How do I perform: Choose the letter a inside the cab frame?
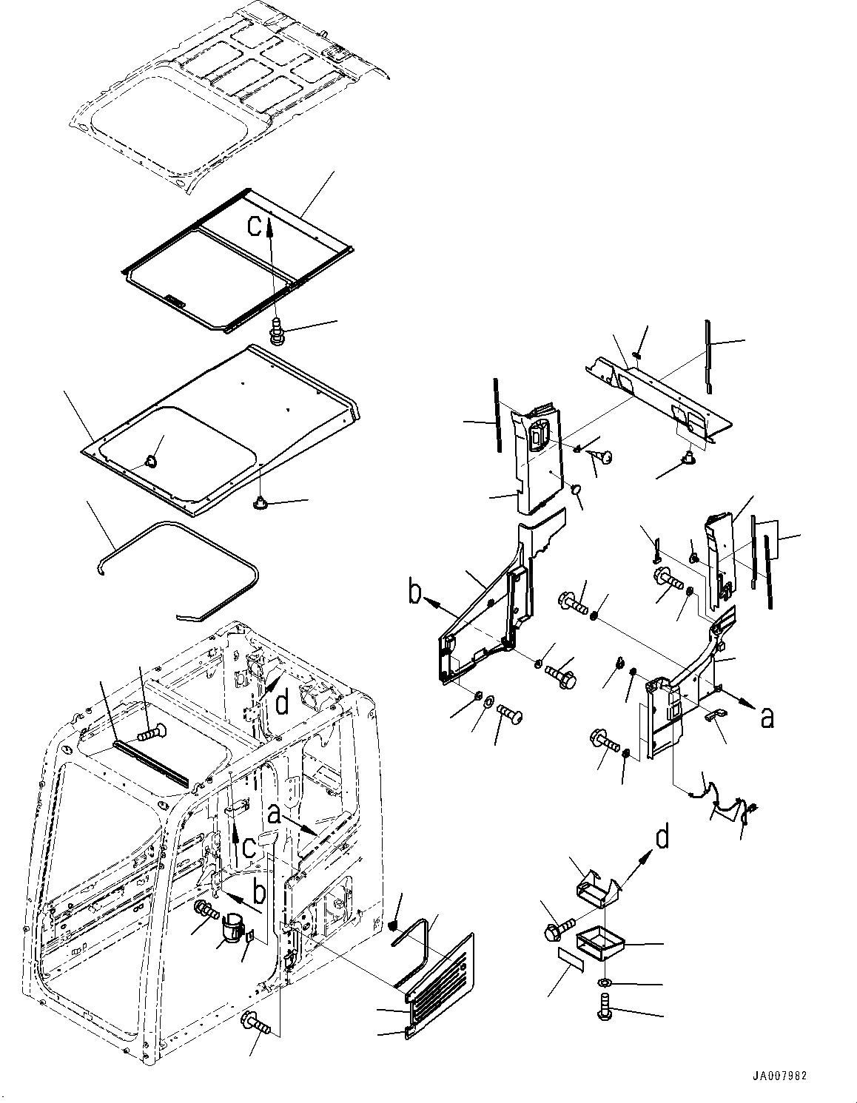275,814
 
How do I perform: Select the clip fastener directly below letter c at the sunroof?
278,330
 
